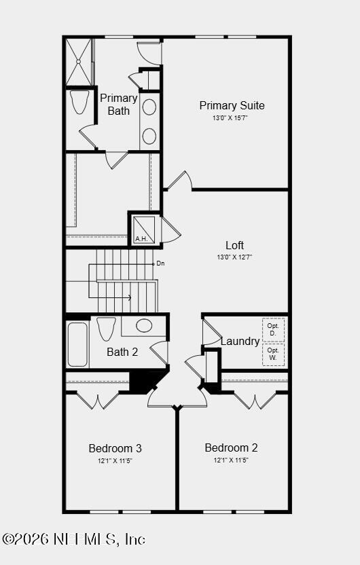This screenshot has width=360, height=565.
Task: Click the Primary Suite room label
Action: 232,105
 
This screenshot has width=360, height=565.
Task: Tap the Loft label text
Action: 234,245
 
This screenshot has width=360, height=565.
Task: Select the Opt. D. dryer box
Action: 273,330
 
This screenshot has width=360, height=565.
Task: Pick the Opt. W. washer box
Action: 273,355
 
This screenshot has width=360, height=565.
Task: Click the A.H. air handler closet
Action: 144,229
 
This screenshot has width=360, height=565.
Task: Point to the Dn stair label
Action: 160,263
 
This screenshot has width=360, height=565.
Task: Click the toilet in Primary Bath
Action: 79,102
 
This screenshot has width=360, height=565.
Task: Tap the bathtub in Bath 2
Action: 77,344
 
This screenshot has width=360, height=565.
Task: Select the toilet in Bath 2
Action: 107,329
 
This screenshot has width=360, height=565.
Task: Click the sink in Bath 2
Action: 144,325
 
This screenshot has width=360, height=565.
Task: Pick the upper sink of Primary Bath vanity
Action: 149,107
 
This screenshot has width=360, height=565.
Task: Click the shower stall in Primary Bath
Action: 79,62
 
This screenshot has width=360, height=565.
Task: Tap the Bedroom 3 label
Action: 115,448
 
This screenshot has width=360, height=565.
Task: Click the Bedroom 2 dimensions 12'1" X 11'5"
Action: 231,460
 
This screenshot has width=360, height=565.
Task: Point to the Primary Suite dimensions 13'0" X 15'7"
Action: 230,118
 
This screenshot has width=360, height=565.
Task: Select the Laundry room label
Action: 240,341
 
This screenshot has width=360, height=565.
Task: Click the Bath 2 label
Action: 122,352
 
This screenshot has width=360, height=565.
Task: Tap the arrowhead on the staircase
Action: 129,297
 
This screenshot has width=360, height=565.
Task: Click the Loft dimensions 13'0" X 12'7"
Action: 234,257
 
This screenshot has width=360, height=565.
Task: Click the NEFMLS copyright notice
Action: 73,539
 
